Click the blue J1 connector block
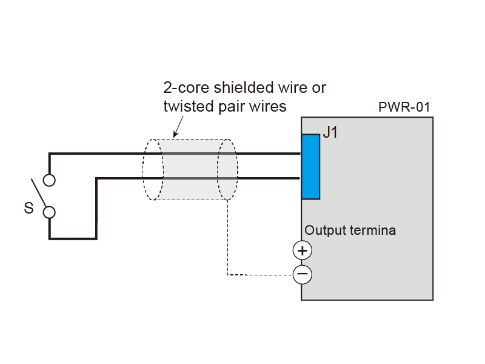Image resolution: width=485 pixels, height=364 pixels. coord(310,166)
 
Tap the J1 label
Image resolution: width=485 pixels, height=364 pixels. coord(330,133)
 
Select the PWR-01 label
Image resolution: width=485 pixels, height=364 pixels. coord(404,108)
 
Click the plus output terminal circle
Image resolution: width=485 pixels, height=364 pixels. coord(302,250)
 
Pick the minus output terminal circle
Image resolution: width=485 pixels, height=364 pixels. coord(302,275)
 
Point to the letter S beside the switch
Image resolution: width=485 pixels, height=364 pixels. coord(28,209)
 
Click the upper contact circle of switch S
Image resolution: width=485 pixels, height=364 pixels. coord(49,180)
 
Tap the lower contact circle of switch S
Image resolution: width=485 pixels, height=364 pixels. coord(49,212)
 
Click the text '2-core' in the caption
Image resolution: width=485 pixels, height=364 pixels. coord(184,88)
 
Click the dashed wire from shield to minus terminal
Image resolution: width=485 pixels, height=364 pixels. coord(229,243)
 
